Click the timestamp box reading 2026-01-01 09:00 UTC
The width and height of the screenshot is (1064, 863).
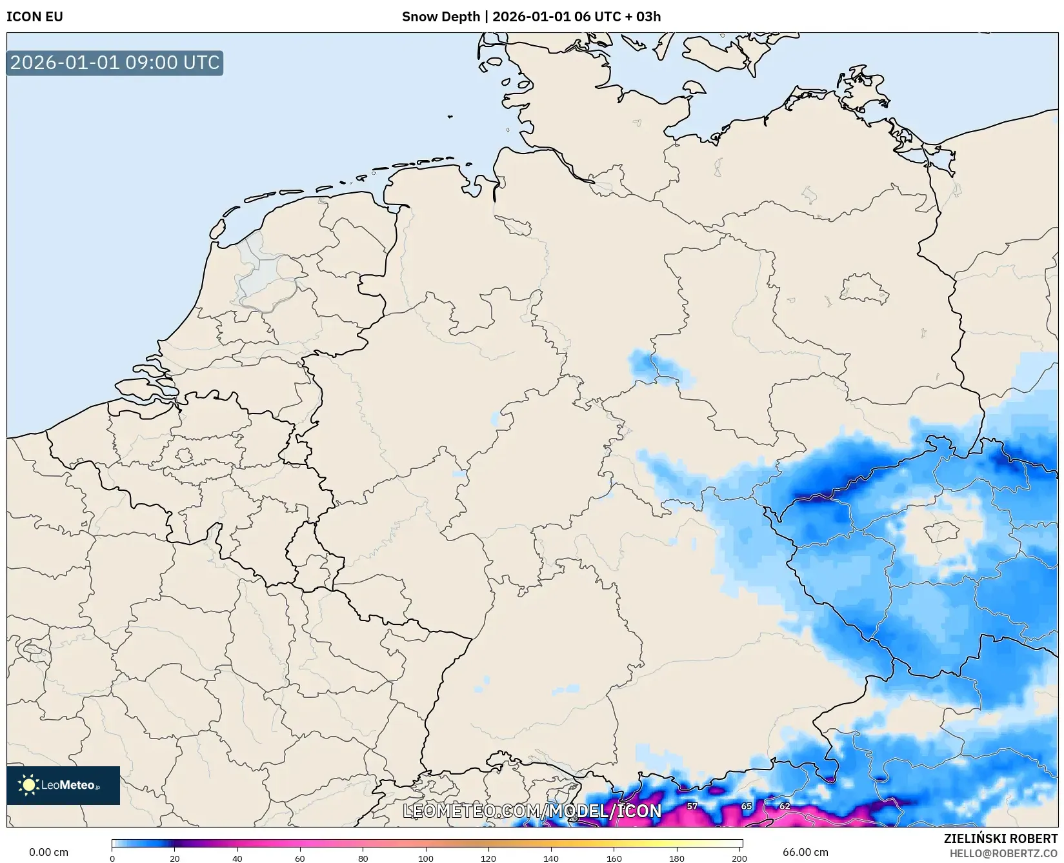click(x=115, y=63)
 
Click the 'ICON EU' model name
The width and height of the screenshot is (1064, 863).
click(x=35, y=17)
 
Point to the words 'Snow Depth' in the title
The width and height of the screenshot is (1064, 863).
click(x=441, y=17)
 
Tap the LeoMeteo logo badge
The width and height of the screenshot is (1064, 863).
click(x=63, y=785)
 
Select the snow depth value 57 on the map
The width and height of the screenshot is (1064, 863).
click(x=692, y=806)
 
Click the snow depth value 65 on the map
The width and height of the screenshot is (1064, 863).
click(x=747, y=806)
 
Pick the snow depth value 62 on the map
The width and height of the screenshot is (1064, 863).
click(x=785, y=806)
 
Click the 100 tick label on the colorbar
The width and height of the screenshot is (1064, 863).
click(x=426, y=858)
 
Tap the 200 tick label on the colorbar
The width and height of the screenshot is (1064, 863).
click(x=739, y=858)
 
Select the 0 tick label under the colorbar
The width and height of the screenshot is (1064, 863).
click(x=112, y=858)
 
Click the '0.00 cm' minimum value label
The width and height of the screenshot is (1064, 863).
click(x=49, y=852)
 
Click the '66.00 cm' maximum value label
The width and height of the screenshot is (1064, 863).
click(x=805, y=852)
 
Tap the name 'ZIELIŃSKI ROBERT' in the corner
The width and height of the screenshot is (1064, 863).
click(x=1000, y=838)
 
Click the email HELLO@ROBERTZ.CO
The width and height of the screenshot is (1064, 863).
click(x=1003, y=853)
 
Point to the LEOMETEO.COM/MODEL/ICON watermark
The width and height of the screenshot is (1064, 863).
click(x=532, y=811)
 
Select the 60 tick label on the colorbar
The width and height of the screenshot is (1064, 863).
click(x=300, y=858)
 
